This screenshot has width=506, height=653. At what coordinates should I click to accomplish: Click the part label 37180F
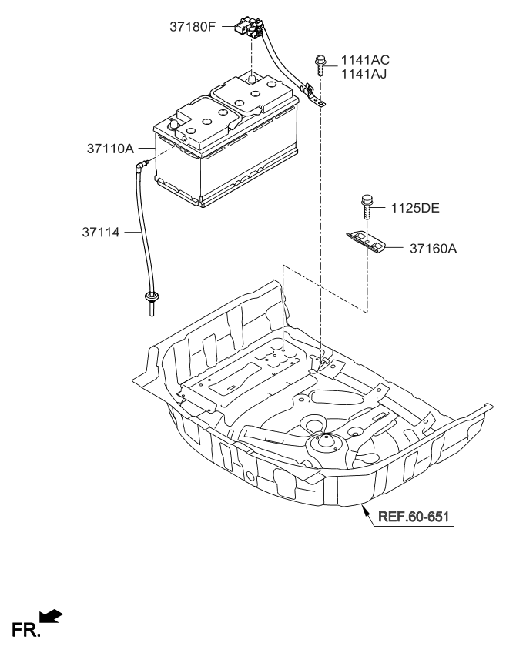[194, 27]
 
